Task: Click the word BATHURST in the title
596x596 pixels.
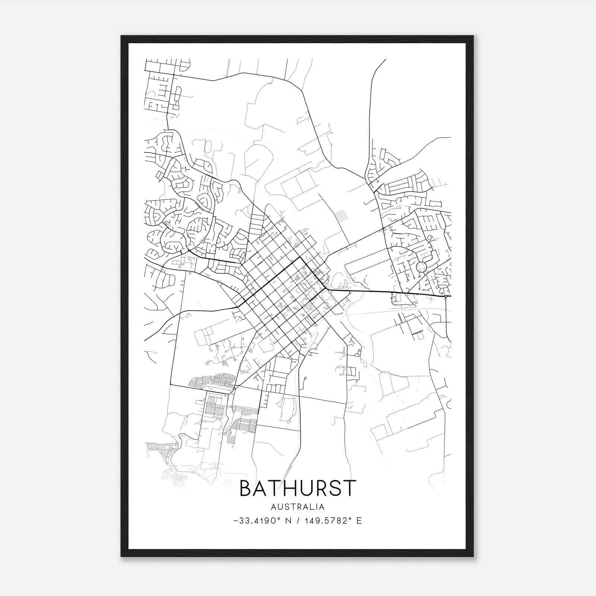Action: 298,488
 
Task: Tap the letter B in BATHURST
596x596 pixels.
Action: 247,488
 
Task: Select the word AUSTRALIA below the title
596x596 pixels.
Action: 298,507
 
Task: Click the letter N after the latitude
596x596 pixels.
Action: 287,521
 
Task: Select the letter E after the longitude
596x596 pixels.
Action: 359,521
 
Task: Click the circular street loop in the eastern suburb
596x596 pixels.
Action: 422,267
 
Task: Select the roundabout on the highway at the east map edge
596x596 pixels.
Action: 446,296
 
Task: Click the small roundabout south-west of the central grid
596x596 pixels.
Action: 234,388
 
